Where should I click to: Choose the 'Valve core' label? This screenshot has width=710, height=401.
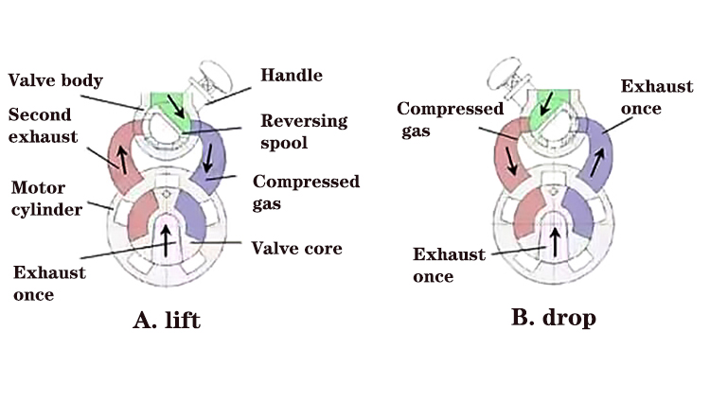296,249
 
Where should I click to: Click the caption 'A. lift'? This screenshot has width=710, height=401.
167,320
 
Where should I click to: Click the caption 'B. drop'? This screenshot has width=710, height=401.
553,317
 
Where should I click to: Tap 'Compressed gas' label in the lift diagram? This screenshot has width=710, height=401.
306,192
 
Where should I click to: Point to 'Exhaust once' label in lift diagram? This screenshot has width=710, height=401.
49,284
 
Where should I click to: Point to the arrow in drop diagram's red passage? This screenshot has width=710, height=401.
512,155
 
